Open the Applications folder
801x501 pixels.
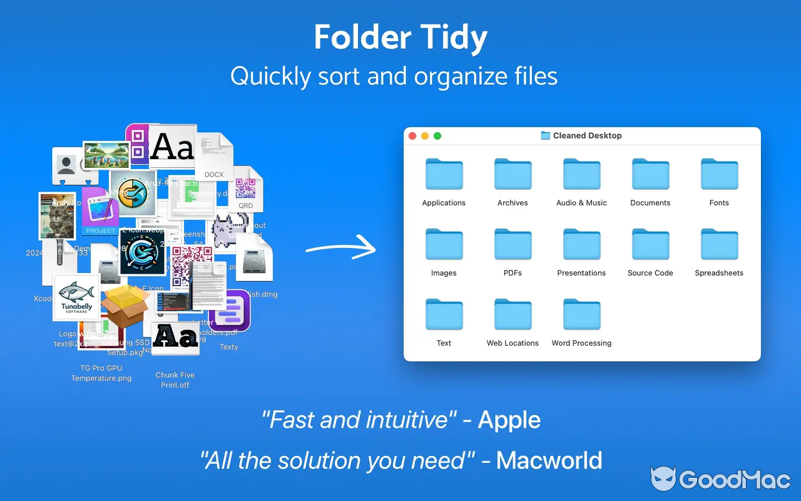[444, 175]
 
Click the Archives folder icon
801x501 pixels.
[513, 175]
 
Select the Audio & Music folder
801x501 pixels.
[581, 175]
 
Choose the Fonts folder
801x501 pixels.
[719, 175]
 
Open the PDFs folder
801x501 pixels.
[513, 245]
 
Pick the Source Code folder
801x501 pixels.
[650, 245]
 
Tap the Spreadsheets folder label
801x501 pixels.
[719, 273]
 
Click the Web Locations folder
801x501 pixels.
[513, 315]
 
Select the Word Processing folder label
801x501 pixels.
[581, 343]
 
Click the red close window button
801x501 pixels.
[412, 136]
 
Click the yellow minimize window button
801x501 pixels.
[425, 136]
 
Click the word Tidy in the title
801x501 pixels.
[455, 38]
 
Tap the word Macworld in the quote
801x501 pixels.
[549, 460]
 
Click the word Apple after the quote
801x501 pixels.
[509, 420]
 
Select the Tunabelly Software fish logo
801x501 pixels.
[76, 298]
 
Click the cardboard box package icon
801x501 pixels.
[126, 307]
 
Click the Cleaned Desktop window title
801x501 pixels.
[587, 136]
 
